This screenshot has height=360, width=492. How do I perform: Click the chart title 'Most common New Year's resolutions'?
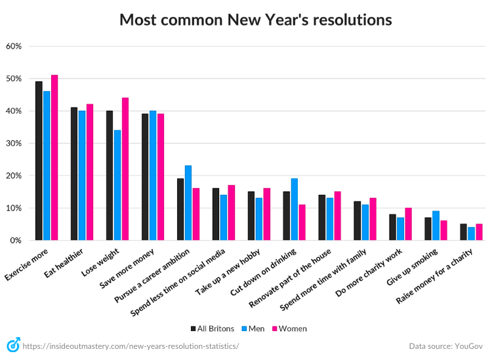pos(255,20)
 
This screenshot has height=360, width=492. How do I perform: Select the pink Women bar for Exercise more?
pos(54,158)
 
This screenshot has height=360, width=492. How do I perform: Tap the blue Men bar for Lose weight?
pos(117,186)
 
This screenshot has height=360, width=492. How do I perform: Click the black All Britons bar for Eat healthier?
pos(74,174)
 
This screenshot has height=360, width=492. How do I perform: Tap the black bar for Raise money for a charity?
pos(463,233)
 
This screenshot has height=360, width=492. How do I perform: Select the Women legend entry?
pos(289,328)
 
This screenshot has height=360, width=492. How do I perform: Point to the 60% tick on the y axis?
pos(14,47)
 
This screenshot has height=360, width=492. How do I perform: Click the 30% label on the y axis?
pos(14,144)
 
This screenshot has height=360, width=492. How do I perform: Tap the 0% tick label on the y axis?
pos(16,241)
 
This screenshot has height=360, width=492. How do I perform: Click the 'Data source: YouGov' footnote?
pos(446,346)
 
